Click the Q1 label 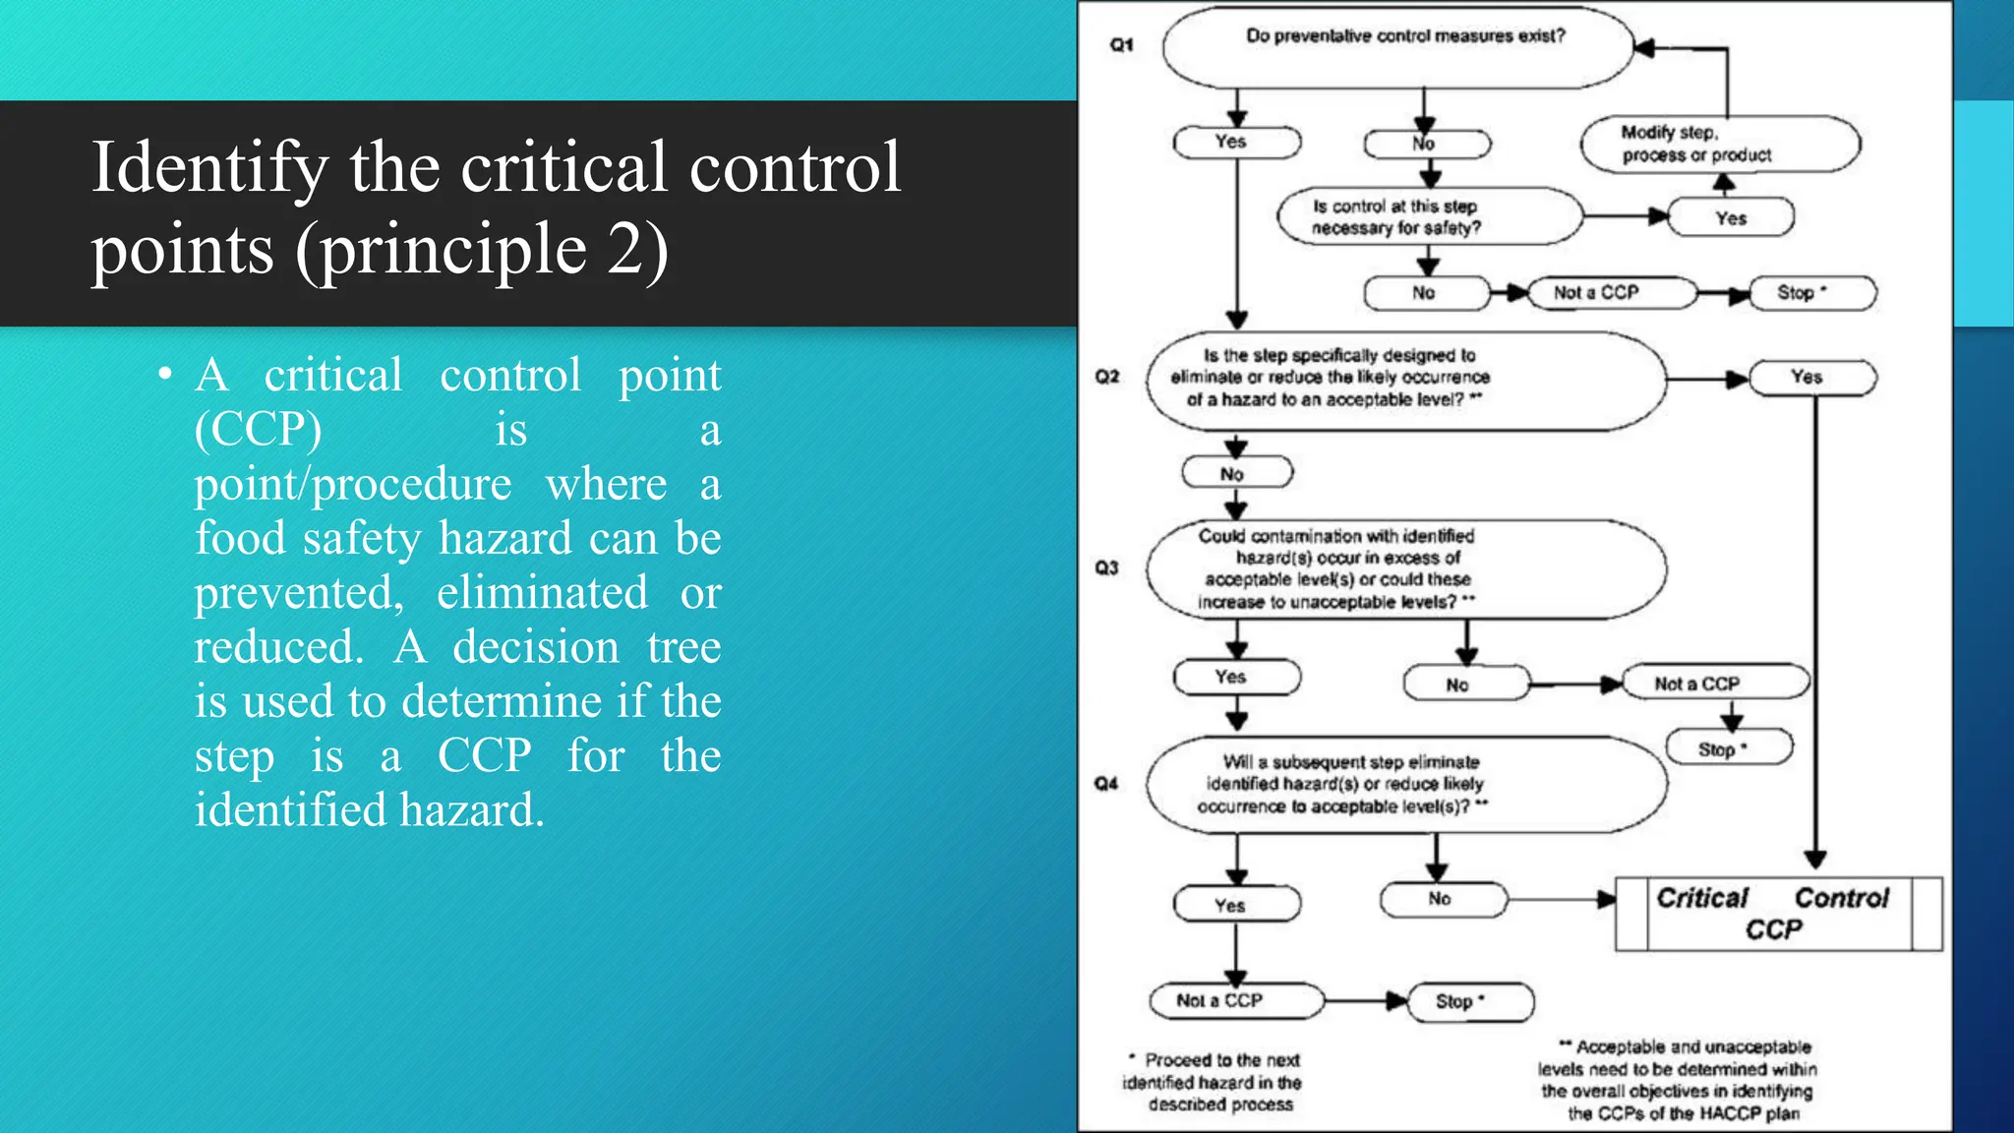point(1121,45)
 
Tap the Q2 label point(1107,377)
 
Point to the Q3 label point(1106,567)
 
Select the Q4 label point(1106,784)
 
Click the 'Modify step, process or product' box point(1720,144)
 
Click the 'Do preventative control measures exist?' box point(1397,47)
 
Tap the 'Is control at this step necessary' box point(1428,216)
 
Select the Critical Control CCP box point(1778,914)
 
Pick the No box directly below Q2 point(1236,474)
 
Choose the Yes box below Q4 point(1236,905)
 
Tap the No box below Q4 point(1443,899)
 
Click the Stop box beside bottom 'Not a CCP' point(1470,1001)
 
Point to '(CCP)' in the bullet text point(258,429)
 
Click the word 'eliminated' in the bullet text point(542,592)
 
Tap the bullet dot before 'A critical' point(165,375)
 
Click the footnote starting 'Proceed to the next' point(1216,1082)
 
